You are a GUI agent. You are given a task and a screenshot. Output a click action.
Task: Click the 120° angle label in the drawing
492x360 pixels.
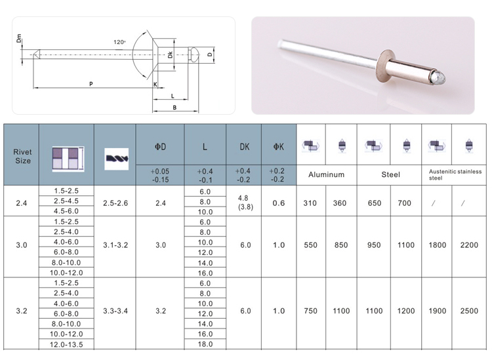coord(119,42)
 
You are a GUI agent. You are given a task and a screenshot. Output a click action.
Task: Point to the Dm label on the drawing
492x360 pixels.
coord(19,38)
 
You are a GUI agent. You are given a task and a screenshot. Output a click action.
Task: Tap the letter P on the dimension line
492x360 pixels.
coord(91,84)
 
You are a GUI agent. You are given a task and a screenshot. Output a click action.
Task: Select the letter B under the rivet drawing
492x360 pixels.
coord(174,108)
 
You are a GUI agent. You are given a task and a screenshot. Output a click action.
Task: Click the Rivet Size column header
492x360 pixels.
coord(22,156)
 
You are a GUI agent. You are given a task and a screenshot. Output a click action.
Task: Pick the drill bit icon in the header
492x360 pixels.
coord(116,159)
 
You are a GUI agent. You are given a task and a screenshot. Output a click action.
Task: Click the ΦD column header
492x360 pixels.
coord(160,147)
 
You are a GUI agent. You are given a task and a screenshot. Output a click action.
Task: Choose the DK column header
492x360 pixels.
coord(245,147)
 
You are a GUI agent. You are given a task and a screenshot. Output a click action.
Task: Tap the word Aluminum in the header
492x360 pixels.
coord(326,174)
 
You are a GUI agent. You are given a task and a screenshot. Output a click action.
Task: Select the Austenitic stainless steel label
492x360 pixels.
coord(455,174)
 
